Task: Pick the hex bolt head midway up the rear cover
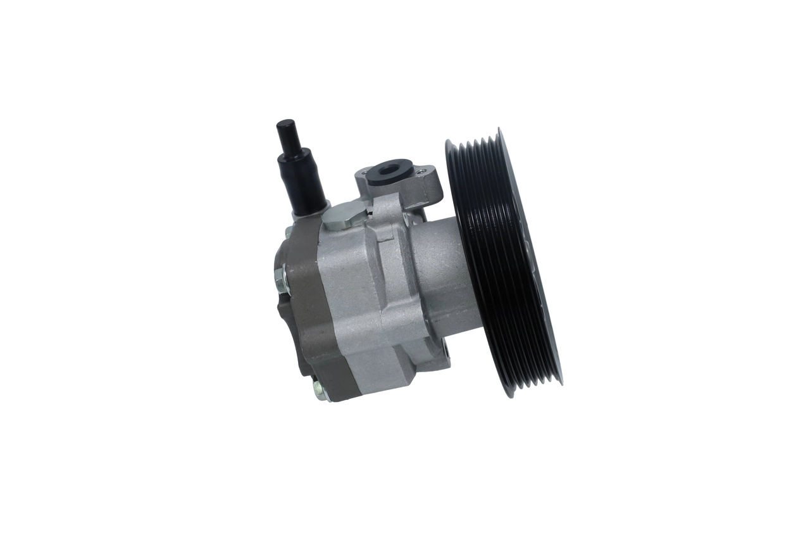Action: (x=280, y=277)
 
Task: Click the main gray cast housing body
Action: (x=354, y=298)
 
